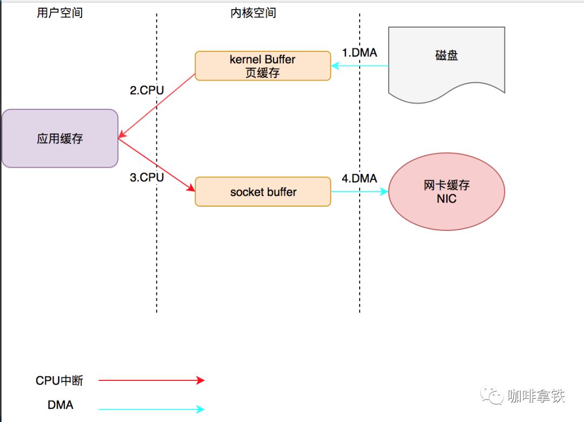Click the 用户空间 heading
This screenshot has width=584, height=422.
pos(59,13)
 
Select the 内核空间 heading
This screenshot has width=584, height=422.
pos(253,13)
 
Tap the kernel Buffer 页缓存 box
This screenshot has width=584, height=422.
pos(263,66)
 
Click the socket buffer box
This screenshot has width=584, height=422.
pos(263,192)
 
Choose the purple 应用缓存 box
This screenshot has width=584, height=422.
pos(60,139)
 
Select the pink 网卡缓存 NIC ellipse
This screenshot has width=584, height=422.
pos(447,192)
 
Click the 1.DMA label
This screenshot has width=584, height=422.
pos(360,52)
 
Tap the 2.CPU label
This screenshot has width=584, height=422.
pos(147,90)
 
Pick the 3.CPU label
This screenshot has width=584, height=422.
pos(147,177)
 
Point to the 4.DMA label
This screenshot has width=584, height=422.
pos(360,178)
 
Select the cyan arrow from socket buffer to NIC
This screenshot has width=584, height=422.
pos(360,192)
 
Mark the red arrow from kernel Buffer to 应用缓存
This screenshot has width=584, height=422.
pos(157,106)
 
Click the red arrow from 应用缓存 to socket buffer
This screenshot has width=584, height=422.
pos(157,165)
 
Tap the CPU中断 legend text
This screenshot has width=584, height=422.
pos(59,381)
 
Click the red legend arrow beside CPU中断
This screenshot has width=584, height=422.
pos(151,381)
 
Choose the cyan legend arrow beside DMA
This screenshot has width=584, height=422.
pos(151,410)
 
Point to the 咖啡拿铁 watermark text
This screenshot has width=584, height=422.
pos(536,396)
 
